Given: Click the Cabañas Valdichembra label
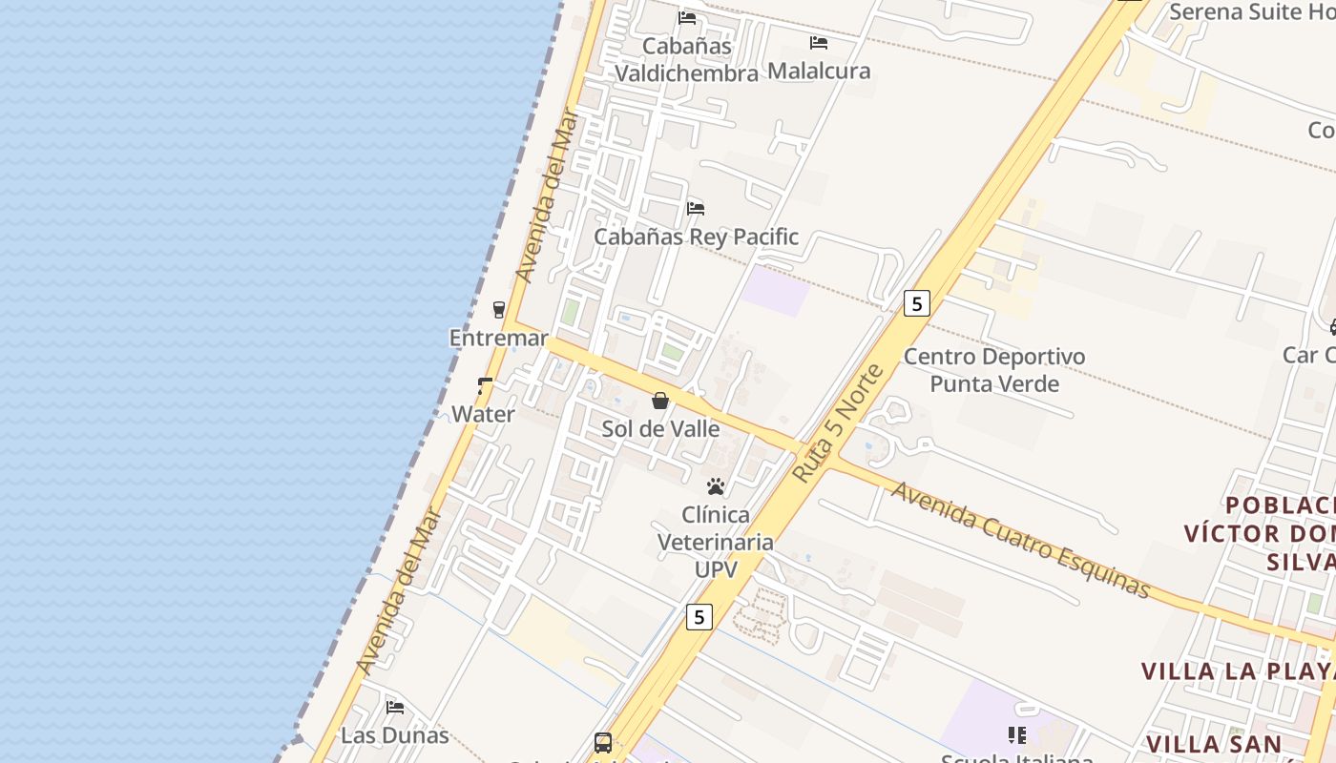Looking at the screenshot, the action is (x=686, y=59).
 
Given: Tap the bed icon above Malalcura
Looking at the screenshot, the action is (x=818, y=43).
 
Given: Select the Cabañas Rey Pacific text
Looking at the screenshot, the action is (x=696, y=237).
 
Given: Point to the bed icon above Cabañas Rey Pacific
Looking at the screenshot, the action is (x=696, y=208).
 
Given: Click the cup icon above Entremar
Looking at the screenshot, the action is (x=498, y=309).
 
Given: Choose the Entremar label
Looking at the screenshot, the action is (x=498, y=339).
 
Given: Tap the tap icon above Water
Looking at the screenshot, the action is (x=485, y=386).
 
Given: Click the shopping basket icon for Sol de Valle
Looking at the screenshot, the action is (x=659, y=401).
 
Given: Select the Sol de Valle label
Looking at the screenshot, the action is (x=660, y=429).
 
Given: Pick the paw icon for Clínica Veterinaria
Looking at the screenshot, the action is (x=716, y=487).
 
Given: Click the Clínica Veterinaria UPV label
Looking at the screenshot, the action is (x=716, y=542).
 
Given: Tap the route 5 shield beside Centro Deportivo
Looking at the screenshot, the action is (x=916, y=304).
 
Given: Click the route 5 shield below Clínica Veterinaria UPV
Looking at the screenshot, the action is (x=699, y=617).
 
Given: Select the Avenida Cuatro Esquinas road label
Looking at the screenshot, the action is (x=1020, y=540).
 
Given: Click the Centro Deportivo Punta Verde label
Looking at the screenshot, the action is (x=994, y=370).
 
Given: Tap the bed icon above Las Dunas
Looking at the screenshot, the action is (x=395, y=708).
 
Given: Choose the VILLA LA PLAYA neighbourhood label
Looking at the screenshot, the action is (x=1238, y=670).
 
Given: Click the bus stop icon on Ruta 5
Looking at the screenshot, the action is (x=603, y=742).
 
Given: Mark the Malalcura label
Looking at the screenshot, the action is (x=819, y=72).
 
